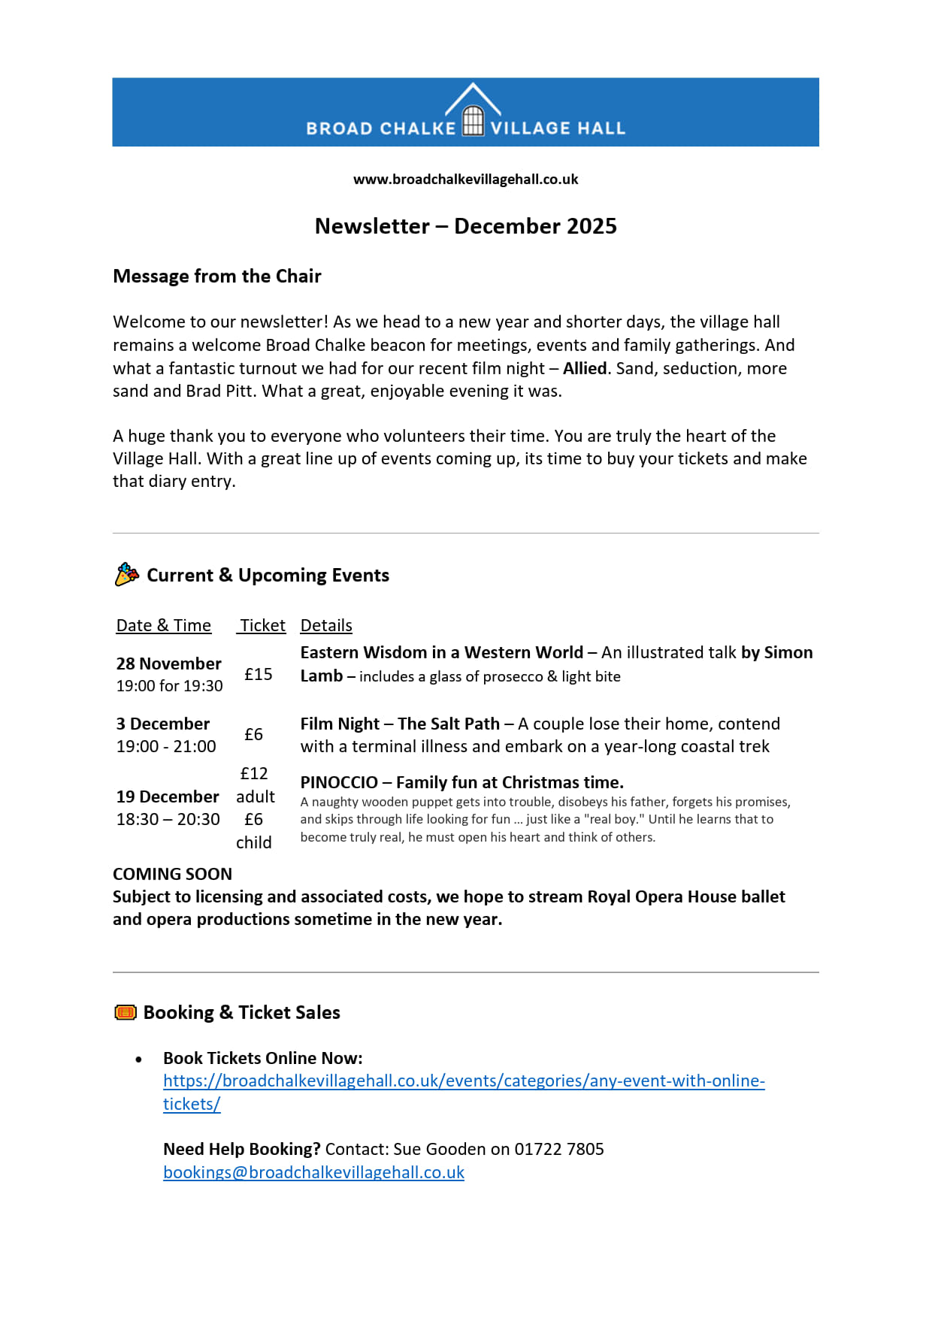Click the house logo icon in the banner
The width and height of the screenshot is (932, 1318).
[x=473, y=112]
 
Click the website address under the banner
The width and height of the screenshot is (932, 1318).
[x=465, y=180]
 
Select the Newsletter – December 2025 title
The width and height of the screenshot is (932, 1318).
[x=465, y=226]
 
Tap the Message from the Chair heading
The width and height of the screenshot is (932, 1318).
[x=217, y=277]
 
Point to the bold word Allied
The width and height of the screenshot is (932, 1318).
[x=585, y=368]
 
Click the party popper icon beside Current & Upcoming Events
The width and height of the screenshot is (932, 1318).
[x=127, y=575]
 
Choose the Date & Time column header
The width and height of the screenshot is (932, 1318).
[x=164, y=626]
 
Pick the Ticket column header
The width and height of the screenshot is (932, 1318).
[x=262, y=626]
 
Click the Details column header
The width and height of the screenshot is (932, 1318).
[x=326, y=626]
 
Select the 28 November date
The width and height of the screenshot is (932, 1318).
[x=169, y=664]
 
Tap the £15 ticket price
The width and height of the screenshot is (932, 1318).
[x=259, y=675]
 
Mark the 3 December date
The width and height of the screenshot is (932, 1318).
[x=163, y=724]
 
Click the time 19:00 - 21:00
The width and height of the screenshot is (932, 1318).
[x=166, y=747]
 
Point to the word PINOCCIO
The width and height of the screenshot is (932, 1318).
[x=339, y=783]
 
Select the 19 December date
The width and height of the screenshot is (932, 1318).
[x=168, y=797]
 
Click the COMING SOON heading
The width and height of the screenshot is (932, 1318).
[x=172, y=875]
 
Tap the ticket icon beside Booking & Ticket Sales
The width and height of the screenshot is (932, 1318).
[x=126, y=1013]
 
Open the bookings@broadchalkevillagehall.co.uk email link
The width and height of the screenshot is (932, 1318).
[x=313, y=1173]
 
